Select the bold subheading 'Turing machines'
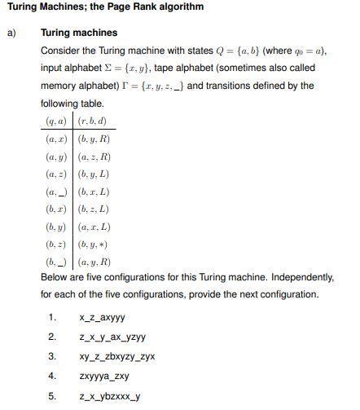pos(79,33)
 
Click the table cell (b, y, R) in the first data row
pos(94,139)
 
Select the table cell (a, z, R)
pos(94,157)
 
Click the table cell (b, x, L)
pos(94,192)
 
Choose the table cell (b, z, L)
pos(94,210)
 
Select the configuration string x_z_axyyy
pos(103,318)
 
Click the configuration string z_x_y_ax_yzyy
pos(112,337)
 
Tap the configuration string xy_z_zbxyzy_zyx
pos(117,357)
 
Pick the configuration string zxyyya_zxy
pos(104,377)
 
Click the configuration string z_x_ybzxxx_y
pos(110,396)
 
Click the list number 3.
pos(51,357)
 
